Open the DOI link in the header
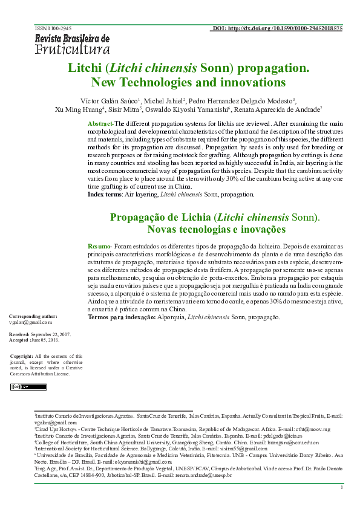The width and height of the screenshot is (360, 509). click(278, 28)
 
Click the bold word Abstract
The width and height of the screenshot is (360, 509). click(100, 123)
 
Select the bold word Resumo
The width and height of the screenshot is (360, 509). click(99, 247)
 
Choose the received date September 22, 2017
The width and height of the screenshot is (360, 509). click(51, 334)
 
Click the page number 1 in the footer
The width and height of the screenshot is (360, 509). click(342, 487)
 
